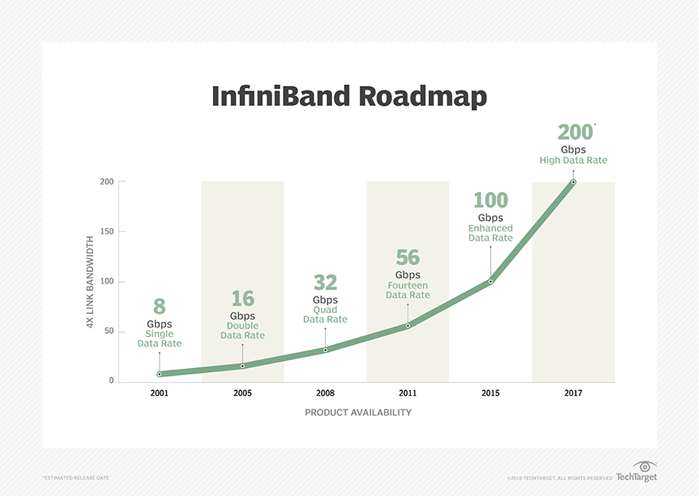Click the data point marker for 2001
160,374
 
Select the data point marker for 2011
408,326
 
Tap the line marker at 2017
573,182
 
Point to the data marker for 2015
490,281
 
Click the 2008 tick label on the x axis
325,393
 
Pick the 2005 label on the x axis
242,393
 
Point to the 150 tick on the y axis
107,231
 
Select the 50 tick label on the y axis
110,331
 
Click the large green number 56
408,258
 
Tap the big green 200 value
575,133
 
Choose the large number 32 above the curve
326,282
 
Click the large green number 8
160,307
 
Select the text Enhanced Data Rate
490,233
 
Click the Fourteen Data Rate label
408,290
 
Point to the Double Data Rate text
242,331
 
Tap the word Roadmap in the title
423,97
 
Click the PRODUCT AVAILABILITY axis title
358,413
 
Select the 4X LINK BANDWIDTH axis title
90,282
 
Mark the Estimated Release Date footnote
75,478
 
